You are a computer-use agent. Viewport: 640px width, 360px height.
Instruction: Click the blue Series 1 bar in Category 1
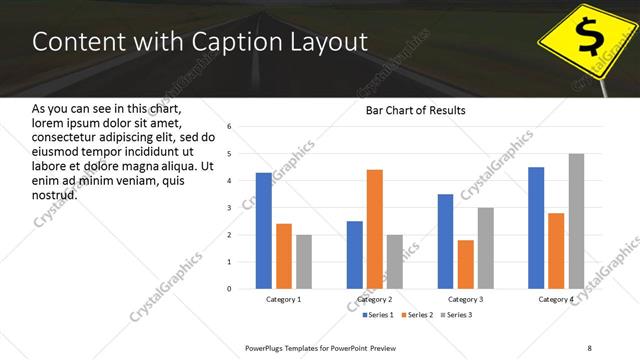point(263,230)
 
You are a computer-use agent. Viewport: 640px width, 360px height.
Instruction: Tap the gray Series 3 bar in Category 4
point(576,221)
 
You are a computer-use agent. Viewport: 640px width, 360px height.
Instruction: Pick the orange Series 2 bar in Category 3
point(465,264)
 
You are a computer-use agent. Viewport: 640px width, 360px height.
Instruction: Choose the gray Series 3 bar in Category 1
point(303,261)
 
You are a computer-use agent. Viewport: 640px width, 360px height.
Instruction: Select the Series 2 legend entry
point(414,316)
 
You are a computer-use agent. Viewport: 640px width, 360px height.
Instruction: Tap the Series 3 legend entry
point(456,316)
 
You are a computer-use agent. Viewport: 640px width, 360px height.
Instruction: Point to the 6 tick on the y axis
point(229,127)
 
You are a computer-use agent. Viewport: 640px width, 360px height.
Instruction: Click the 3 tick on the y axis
point(229,208)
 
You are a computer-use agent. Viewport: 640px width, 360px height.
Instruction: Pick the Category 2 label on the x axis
point(375,299)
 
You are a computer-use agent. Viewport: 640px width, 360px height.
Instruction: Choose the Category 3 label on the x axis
point(465,299)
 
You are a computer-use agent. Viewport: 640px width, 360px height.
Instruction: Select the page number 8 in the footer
point(589,347)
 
